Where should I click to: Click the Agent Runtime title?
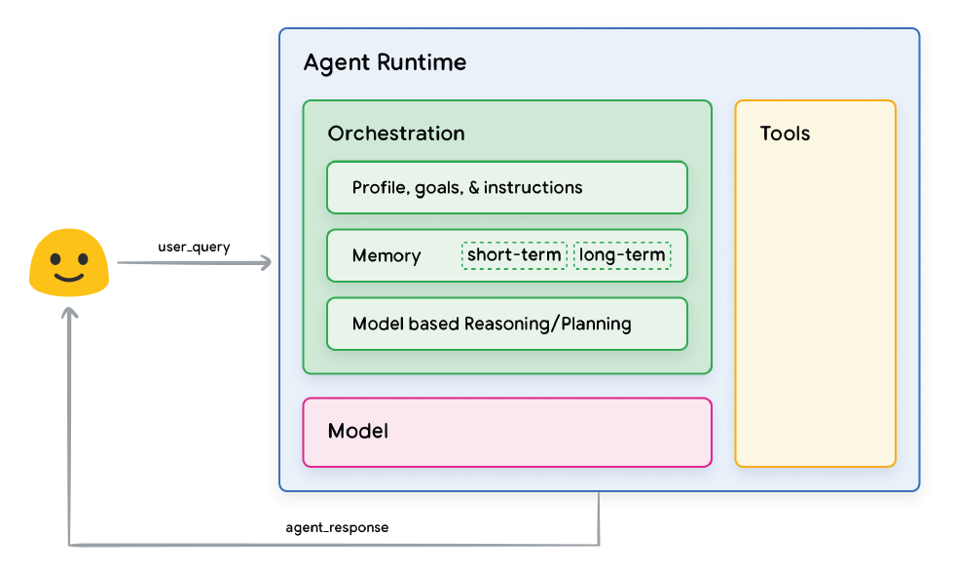[x=385, y=63]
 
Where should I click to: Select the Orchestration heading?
[x=396, y=134]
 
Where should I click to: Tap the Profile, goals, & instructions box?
[x=506, y=187]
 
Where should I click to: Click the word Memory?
[x=386, y=255]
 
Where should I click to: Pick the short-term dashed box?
[x=514, y=255]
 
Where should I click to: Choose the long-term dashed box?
[x=622, y=255]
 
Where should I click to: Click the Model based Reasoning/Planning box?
[x=506, y=324]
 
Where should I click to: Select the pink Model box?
[x=506, y=431]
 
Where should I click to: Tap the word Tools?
[x=785, y=134]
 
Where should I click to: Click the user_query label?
[x=194, y=247]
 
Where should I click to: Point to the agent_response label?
[x=337, y=527]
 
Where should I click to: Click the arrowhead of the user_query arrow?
[x=267, y=262]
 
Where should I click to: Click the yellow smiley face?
[x=68, y=262]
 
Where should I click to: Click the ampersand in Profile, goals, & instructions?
[x=474, y=187]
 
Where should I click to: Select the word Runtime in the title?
[x=423, y=63]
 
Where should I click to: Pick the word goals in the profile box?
[x=437, y=188]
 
